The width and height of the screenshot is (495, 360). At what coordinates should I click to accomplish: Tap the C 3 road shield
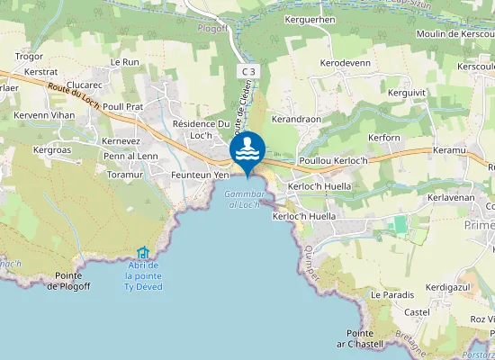coord(249,70)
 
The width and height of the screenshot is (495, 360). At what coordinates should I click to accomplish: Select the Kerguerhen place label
coord(335,19)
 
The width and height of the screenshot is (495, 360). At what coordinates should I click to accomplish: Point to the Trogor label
coord(30,56)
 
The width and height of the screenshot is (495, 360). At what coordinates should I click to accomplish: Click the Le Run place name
coord(125,62)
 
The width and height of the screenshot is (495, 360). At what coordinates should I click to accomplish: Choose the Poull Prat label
coord(123,106)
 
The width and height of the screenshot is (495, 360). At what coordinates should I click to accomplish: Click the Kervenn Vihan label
coord(44,115)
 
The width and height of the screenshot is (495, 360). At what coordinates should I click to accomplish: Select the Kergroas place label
coord(51,149)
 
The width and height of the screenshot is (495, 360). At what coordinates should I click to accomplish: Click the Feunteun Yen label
coord(201,175)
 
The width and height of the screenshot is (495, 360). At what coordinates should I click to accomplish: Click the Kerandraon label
coord(296,119)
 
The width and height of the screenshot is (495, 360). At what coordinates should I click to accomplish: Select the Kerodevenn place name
coord(345,63)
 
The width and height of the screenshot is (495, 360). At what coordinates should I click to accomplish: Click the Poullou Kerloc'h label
coord(334,160)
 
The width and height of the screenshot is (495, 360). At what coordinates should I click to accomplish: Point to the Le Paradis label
coord(392,294)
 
